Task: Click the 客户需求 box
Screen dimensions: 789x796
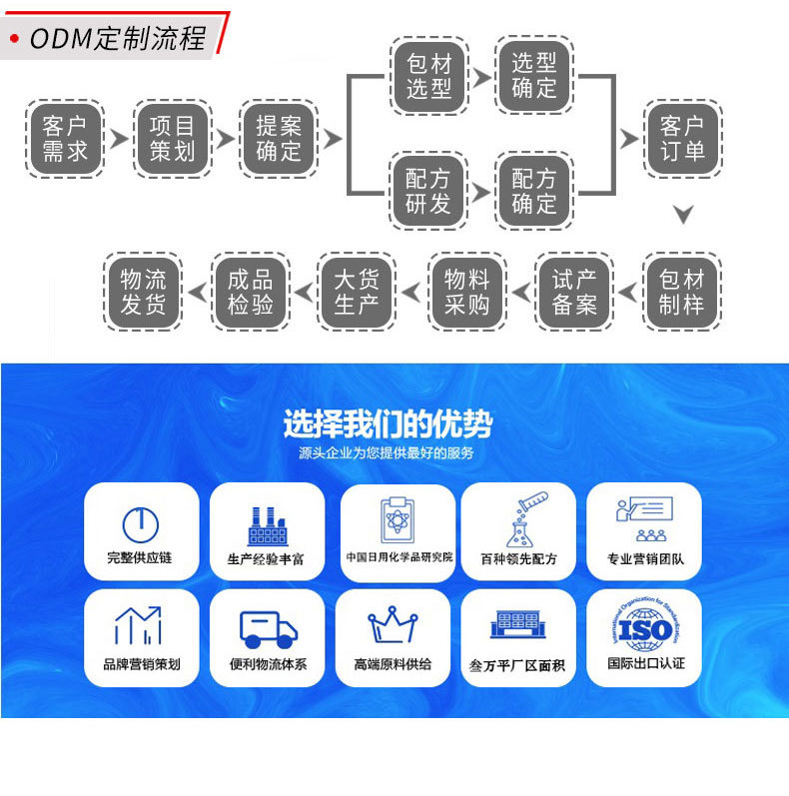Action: pyautogui.click(x=66, y=139)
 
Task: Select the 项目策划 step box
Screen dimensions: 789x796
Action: pyautogui.click(x=172, y=139)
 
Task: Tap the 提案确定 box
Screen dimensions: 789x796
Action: pyautogui.click(x=279, y=139)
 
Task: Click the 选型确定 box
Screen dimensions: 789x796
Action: pyautogui.click(x=534, y=76)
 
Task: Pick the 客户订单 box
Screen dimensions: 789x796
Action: pyautogui.click(x=683, y=139)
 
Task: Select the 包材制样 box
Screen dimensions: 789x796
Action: pyautogui.click(x=682, y=292)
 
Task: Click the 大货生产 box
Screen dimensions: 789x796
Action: pyautogui.click(x=358, y=292)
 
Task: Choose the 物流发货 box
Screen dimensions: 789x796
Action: pyautogui.click(x=144, y=292)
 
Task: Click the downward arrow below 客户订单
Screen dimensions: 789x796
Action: pyautogui.click(x=683, y=214)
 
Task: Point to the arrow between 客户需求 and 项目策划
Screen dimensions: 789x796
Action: pyautogui.click(x=119, y=139)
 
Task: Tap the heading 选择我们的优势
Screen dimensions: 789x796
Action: pyautogui.click(x=388, y=424)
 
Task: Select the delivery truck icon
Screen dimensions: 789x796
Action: pyautogui.click(x=269, y=628)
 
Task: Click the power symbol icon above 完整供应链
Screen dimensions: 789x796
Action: pyautogui.click(x=140, y=523)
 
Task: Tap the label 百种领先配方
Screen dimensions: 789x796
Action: pyautogui.click(x=518, y=558)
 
